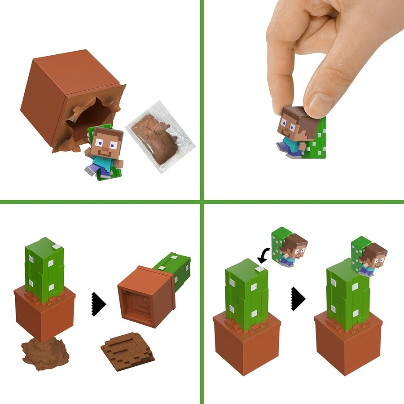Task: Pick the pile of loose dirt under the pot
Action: tap(45, 355)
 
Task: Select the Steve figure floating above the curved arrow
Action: tap(290, 247)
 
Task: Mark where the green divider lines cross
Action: tap(202, 202)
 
